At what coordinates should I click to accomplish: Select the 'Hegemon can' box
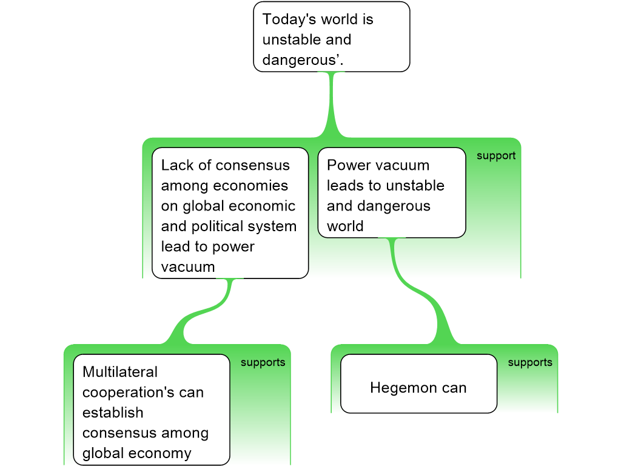pos(418,383)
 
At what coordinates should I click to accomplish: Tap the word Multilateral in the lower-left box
pos(120,372)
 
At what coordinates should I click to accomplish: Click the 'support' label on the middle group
pos(495,156)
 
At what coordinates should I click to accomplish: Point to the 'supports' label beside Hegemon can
pos(529,363)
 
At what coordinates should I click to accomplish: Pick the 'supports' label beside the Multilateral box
pos(263,363)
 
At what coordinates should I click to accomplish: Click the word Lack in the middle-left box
pos(175,166)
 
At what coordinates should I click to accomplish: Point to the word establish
pos(113,413)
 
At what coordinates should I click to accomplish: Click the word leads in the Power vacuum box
pos(345,186)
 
